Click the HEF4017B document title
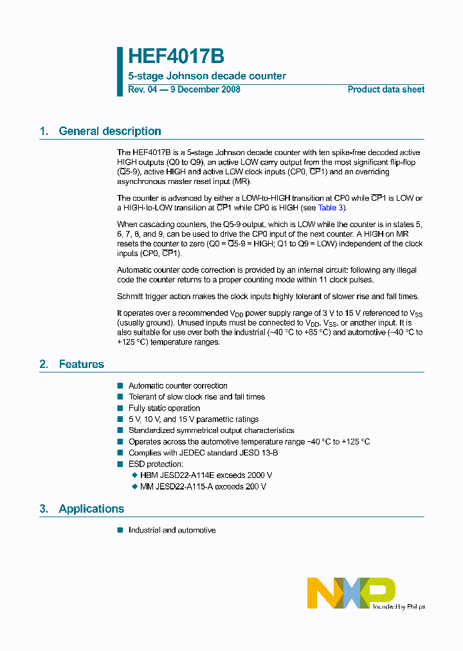[176, 57]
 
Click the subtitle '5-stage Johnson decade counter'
[207, 76]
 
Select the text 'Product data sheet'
[386, 89]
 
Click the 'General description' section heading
[109, 131]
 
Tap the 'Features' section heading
[81, 364]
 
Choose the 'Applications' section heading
[91, 509]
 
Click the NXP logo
[351, 592]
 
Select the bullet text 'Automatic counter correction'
[178, 386]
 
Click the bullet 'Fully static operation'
[164, 408]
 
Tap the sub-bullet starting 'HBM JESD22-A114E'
[206, 475]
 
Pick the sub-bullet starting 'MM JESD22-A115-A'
[203, 486]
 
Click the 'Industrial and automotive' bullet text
[172, 531]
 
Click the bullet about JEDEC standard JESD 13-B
[203, 453]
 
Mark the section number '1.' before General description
[44, 131]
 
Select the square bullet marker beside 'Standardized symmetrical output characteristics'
[120, 430]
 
